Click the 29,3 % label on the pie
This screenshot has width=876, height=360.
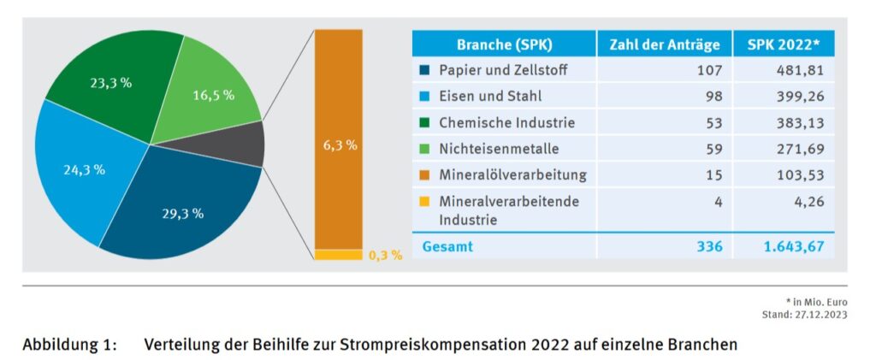pyautogui.click(x=181, y=214)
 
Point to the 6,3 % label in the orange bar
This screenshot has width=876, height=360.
pyautogui.click(x=340, y=145)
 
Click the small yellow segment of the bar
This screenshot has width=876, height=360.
pyautogui.click(x=339, y=255)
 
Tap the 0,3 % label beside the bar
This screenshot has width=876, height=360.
pyautogui.click(x=385, y=256)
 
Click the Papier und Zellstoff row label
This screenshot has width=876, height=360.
pyautogui.click(x=503, y=70)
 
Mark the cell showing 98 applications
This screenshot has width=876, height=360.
pyautogui.click(x=711, y=97)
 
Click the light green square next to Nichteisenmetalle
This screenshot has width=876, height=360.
pyautogui.click(x=424, y=149)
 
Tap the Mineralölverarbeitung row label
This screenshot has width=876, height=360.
pyautogui.click(x=512, y=175)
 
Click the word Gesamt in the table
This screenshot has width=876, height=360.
pyautogui.click(x=447, y=246)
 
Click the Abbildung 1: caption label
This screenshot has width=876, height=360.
pyautogui.click(x=68, y=345)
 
